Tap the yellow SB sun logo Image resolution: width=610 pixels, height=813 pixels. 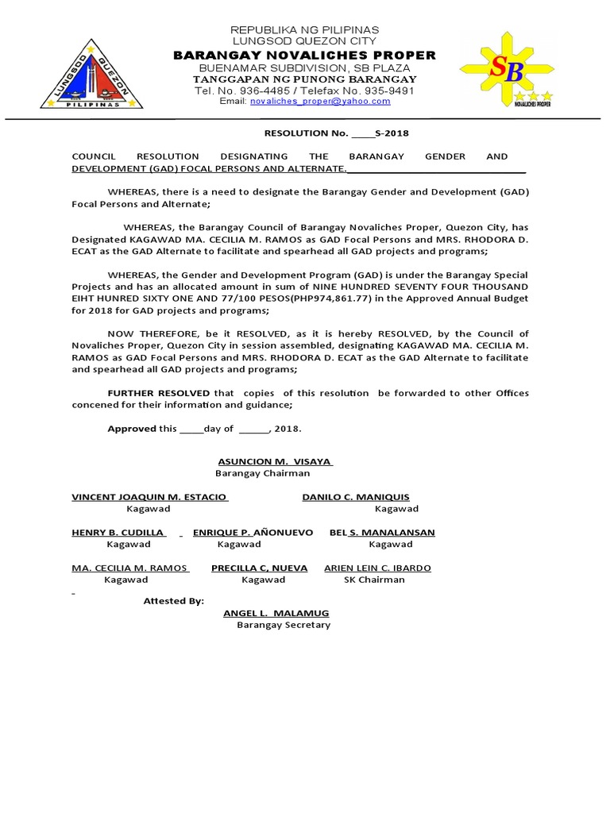pos(508,73)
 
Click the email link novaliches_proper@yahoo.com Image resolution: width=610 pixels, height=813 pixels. pos(320,102)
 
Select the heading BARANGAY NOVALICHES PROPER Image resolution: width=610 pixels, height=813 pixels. pos(304,55)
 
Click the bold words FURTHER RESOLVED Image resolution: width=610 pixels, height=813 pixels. pos(159,393)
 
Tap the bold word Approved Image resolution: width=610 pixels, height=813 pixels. pos(132,429)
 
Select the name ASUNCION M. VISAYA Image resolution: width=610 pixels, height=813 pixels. pos(274,461)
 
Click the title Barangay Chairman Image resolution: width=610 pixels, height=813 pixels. pos(263,473)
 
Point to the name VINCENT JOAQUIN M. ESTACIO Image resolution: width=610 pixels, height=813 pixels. pos(149,497)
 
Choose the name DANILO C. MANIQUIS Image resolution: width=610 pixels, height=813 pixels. pos(356,497)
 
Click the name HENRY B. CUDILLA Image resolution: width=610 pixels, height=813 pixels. pos(118,532)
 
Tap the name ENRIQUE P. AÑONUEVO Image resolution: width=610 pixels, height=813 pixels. pos(253,532)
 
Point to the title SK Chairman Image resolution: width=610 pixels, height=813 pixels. pos(374,580)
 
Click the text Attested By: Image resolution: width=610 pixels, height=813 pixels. pos(173,601)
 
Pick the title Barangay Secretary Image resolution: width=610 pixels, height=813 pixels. pos(284,625)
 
